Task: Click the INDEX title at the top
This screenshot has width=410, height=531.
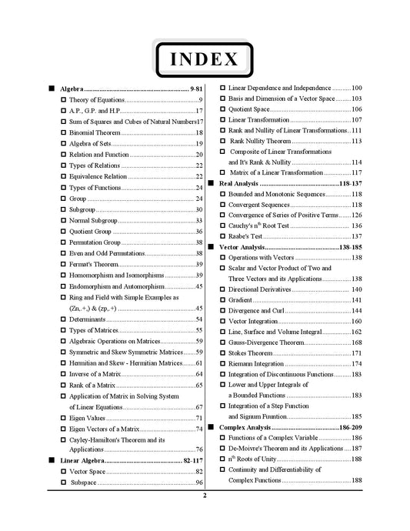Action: [205, 58]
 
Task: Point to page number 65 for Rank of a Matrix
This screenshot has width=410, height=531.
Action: [199, 385]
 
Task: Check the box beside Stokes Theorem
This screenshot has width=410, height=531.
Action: [223, 353]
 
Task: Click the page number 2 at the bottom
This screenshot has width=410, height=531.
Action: [205, 496]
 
